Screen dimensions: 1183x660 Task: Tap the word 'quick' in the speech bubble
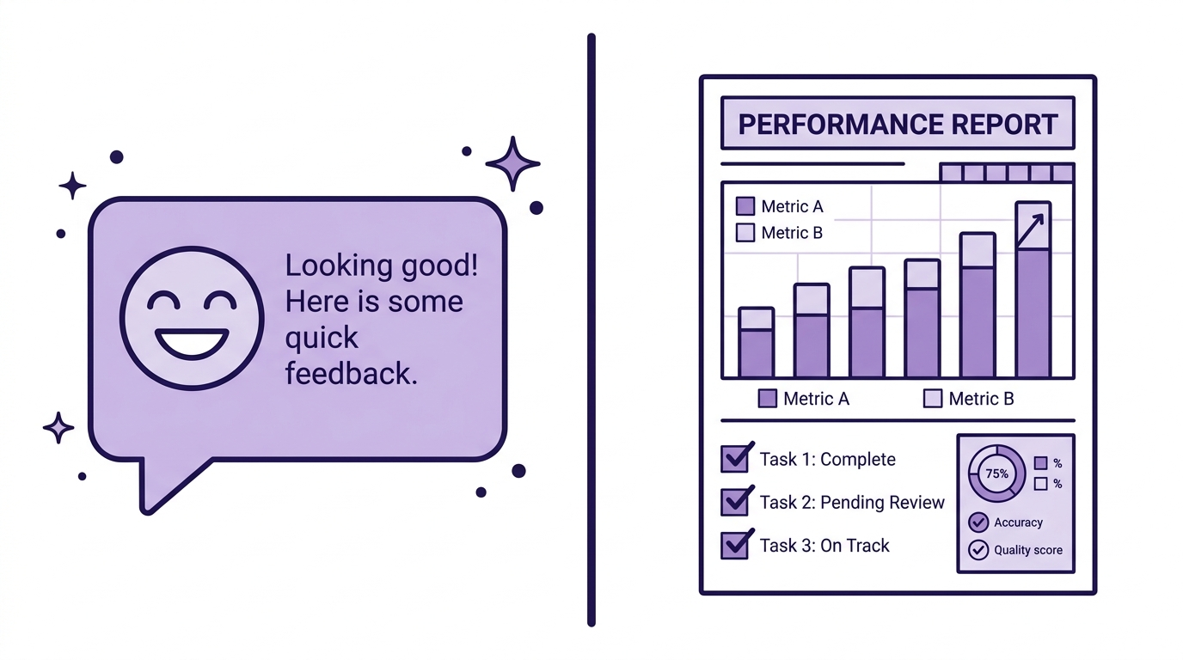click(x=322, y=339)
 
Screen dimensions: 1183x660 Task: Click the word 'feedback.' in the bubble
click(x=351, y=373)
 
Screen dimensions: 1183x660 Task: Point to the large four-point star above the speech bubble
click(x=512, y=163)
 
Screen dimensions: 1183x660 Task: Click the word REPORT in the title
click(x=1004, y=124)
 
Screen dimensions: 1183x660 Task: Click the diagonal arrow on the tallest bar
click(x=1031, y=230)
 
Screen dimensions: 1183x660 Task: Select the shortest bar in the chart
click(x=757, y=342)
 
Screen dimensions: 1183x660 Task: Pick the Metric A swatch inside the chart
click(x=745, y=206)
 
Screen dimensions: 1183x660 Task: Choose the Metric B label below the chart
click(x=981, y=399)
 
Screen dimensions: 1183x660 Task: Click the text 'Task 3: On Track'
click(x=824, y=546)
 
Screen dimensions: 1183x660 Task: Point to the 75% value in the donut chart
click(x=996, y=474)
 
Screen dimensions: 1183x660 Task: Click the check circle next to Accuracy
click(x=978, y=522)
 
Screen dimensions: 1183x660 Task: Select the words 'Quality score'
click(x=1028, y=550)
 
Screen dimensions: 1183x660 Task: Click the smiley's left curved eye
click(x=163, y=300)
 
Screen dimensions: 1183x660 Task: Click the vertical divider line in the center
click(x=591, y=330)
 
